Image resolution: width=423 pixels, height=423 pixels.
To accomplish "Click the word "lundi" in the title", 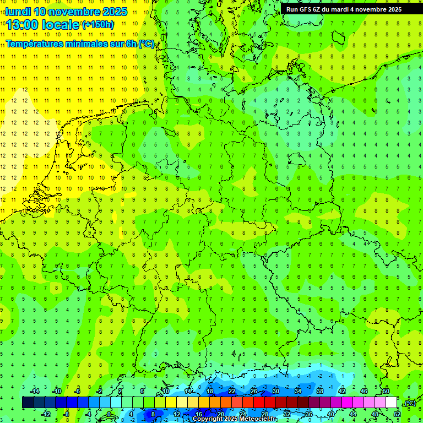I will [18, 12].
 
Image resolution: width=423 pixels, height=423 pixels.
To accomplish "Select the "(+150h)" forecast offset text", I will [98, 25].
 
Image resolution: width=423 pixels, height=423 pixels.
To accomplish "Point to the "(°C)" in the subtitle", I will [147, 44].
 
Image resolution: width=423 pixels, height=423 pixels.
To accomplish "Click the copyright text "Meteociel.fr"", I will [258, 419].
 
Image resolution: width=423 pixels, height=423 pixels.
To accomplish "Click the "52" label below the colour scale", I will [397, 414].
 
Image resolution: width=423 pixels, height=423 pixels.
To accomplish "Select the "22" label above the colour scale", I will [232, 391].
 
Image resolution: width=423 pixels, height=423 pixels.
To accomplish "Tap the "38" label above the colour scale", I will [320, 391].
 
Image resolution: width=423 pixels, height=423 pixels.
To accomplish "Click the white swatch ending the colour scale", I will [392, 403].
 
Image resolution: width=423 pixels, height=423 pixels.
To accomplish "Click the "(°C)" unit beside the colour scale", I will [410, 403].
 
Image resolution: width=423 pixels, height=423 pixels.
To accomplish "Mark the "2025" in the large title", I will [115, 12].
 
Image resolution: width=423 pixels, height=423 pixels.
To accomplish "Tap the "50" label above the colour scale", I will [386, 391].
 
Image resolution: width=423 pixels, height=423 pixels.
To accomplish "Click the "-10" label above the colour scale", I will [56, 391].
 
